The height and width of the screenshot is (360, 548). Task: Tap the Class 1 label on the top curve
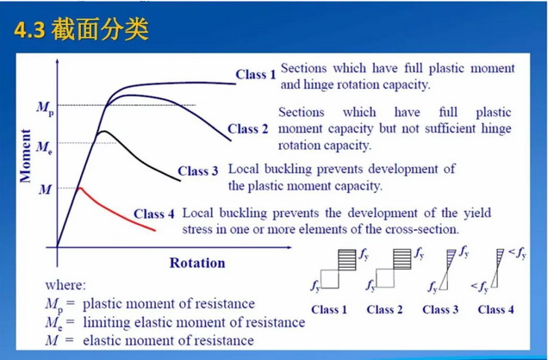(x=255, y=75)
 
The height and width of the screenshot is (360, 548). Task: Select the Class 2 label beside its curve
(x=248, y=129)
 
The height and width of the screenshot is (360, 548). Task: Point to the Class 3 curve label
(x=198, y=171)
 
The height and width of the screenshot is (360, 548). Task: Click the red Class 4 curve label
(x=154, y=213)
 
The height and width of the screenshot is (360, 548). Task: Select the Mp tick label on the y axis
(x=43, y=107)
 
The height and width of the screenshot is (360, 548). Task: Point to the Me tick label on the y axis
(x=43, y=144)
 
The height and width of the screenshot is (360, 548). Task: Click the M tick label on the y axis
(x=45, y=188)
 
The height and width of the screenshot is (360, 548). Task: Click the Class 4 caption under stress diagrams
(x=495, y=309)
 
